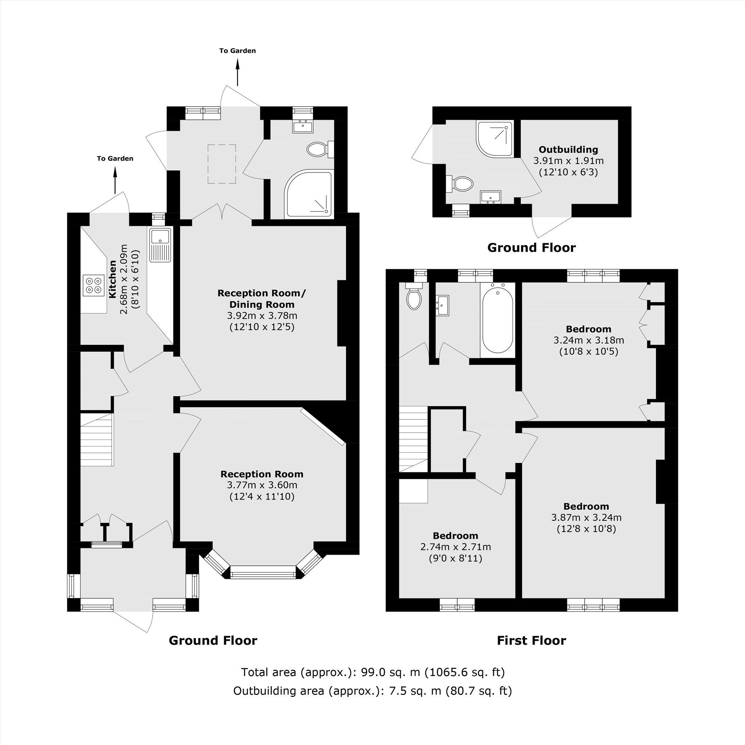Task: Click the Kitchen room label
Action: pyautogui.click(x=112, y=279)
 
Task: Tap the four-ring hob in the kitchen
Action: pyautogui.click(x=94, y=285)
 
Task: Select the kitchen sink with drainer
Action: pyautogui.click(x=161, y=245)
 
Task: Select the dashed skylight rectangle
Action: pyautogui.click(x=222, y=164)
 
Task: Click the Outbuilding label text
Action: pyautogui.click(x=568, y=150)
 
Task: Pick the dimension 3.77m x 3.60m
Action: pyautogui.click(x=262, y=485)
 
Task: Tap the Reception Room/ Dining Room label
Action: pyautogui.click(x=261, y=298)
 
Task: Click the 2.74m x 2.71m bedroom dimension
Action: pyautogui.click(x=456, y=547)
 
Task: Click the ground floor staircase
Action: pyautogui.click(x=96, y=440)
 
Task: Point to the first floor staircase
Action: pyautogui.click(x=413, y=439)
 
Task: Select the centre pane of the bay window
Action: pyautogui.click(x=263, y=572)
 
